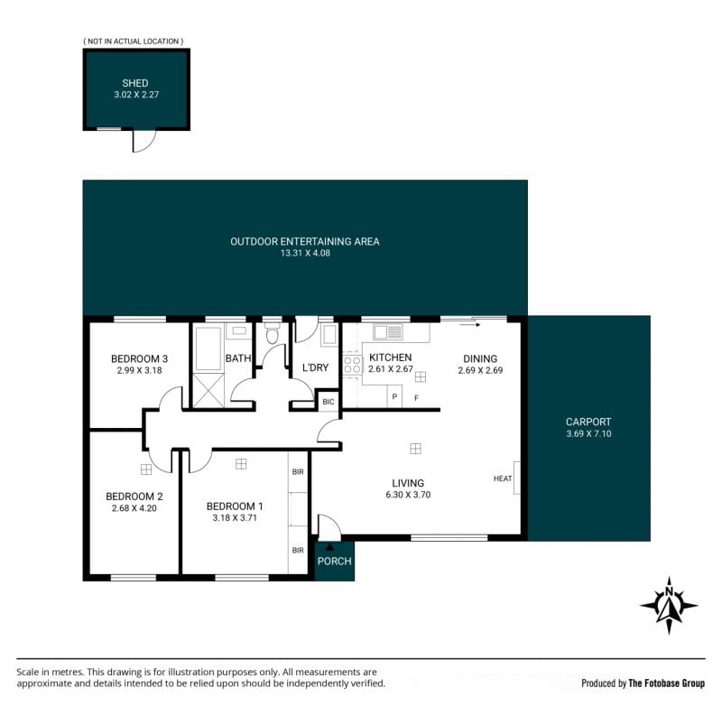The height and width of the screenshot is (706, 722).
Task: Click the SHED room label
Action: point(134,83)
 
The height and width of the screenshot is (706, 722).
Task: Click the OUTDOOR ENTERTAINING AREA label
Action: point(305,241)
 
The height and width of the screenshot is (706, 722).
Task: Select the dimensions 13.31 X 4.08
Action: point(305,253)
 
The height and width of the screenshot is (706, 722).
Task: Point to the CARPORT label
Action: point(588,422)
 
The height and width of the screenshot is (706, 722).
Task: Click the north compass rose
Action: point(669,605)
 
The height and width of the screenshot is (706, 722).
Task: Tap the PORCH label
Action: point(334,561)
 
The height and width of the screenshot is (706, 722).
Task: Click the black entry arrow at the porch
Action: point(329,547)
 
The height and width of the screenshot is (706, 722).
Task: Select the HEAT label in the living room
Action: point(503,478)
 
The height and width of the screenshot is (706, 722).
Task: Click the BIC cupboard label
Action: point(329,402)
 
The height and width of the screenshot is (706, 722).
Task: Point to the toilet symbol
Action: point(273,333)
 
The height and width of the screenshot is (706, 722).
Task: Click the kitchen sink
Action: point(388,332)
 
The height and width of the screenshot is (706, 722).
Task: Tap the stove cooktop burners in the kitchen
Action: point(353,365)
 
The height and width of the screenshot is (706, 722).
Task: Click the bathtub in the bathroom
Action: point(208,348)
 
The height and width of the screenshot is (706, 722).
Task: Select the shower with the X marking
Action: point(208,391)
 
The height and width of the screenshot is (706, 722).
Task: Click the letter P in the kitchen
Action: point(394,396)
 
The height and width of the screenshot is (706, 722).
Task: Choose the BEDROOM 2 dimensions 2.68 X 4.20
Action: point(134,508)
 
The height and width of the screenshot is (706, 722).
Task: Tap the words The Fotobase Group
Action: point(666,683)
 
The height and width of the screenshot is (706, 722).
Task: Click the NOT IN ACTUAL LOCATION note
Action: point(133,41)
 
